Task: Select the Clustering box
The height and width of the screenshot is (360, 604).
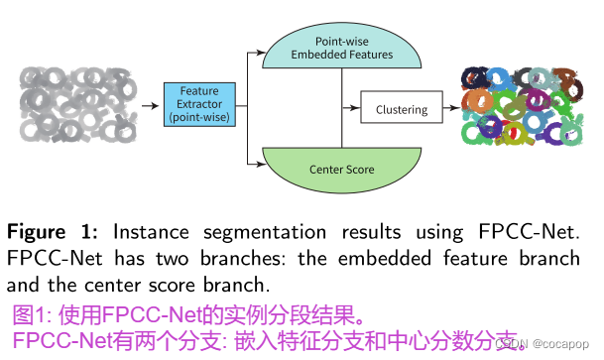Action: (x=401, y=109)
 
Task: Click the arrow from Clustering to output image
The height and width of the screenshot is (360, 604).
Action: (x=449, y=109)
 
